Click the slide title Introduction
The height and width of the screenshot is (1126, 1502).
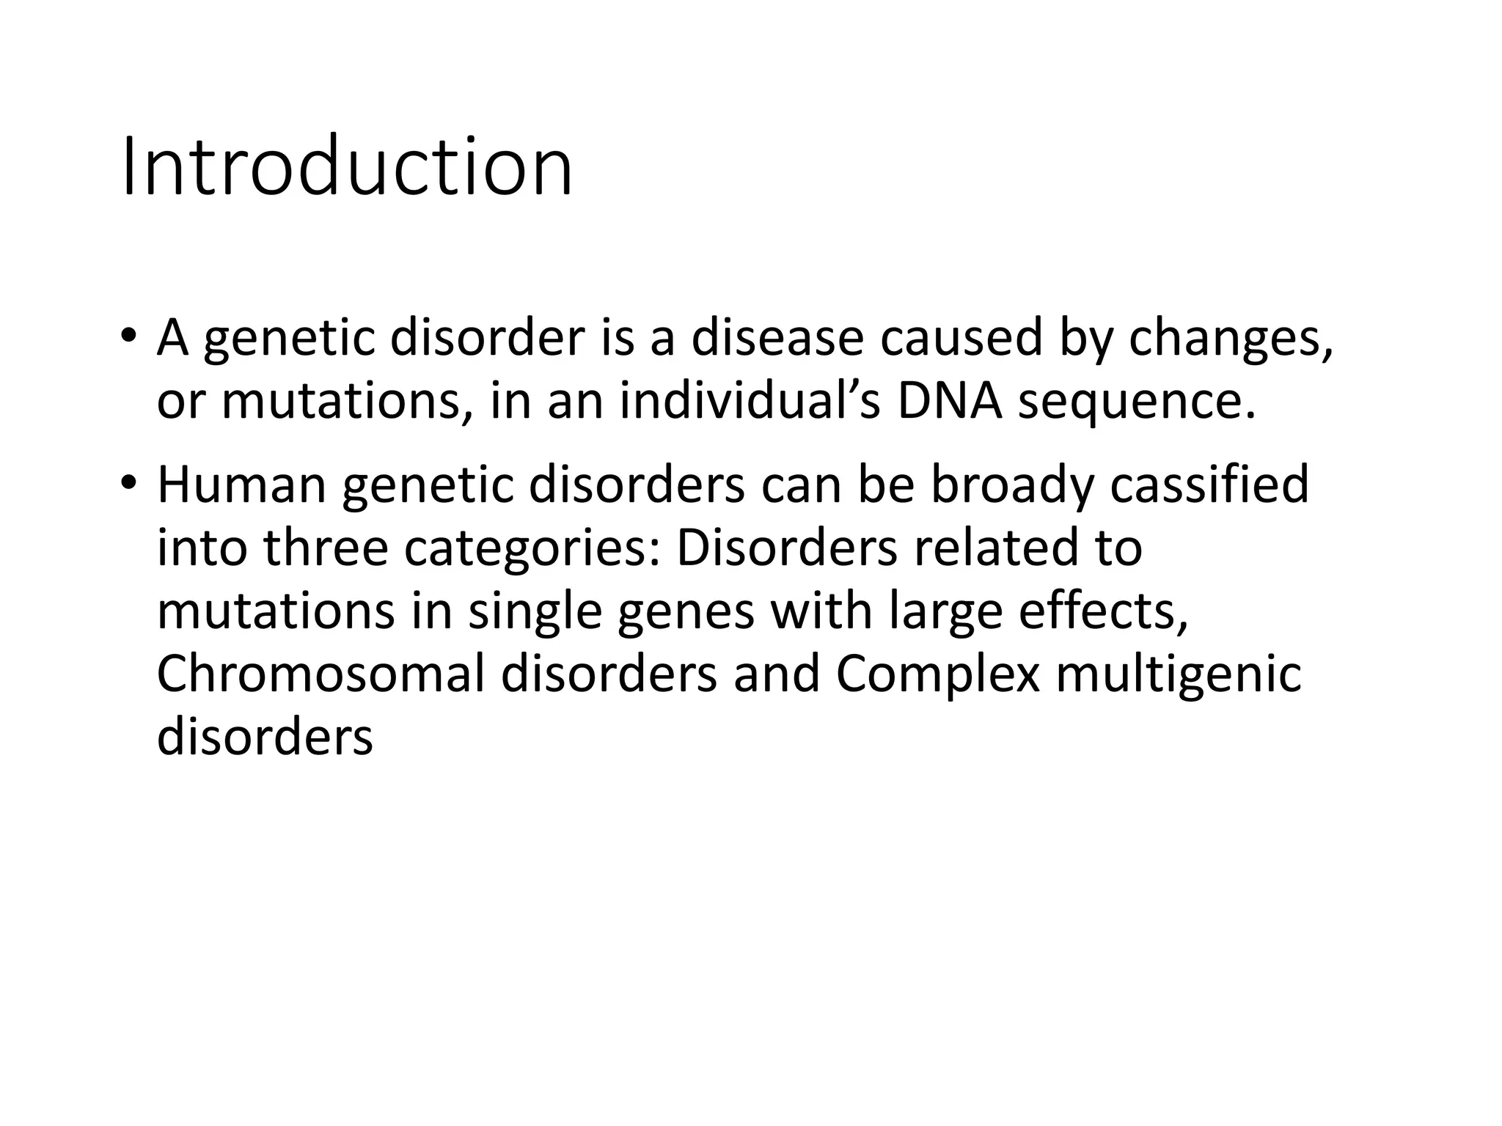(x=346, y=167)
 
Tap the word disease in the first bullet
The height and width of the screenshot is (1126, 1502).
(x=777, y=338)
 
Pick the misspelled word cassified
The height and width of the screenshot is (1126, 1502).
(x=1209, y=485)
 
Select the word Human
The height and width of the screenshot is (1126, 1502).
(x=241, y=485)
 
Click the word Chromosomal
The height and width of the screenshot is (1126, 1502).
(x=320, y=674)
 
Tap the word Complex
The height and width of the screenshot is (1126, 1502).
(x=937, y=675)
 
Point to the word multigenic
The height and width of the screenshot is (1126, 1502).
(x=1179, y=675)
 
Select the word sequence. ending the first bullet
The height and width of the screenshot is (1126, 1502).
(x=1137, y=403)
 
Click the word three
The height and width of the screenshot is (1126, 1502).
(x=326, y=548)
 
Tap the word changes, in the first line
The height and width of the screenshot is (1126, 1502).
(x=1231, y=339)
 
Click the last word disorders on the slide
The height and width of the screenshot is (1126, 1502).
(x=265, y=737)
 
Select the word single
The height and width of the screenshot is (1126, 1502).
(x=535, y=613)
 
